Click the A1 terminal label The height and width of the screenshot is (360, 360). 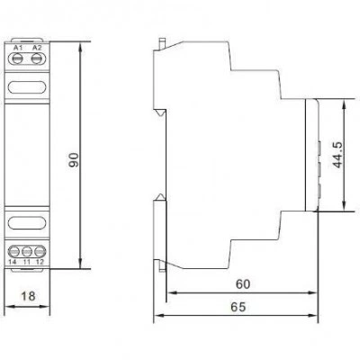(18, 48)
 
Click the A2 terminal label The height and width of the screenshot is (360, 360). (37, 48)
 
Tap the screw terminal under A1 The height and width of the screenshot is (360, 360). (18, 58)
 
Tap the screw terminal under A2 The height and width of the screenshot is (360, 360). (37, 58)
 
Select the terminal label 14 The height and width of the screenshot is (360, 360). (13, 262)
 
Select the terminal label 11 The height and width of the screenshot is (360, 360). (27, 262)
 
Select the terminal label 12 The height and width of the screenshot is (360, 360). (40, 262)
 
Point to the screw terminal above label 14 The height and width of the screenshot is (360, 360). (13, 251)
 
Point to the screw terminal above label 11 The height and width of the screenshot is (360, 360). (27, 251)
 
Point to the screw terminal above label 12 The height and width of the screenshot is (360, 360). (40, 251)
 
